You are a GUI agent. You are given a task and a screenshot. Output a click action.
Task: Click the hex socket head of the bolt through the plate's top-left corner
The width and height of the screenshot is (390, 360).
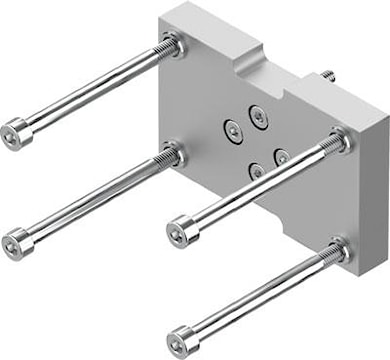coord(14,130)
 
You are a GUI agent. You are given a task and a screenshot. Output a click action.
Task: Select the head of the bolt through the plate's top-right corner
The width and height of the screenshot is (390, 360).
coord(181,232)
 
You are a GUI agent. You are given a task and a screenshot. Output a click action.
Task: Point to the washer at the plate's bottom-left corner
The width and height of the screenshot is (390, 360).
coord(175,155)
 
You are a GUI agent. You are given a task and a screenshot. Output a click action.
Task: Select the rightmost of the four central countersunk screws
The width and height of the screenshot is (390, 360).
coord(282,157)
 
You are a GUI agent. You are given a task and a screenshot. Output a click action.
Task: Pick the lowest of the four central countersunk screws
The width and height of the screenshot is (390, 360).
coord(257,170)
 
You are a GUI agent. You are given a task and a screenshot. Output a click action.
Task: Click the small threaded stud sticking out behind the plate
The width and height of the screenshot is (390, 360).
coord(327,75)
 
